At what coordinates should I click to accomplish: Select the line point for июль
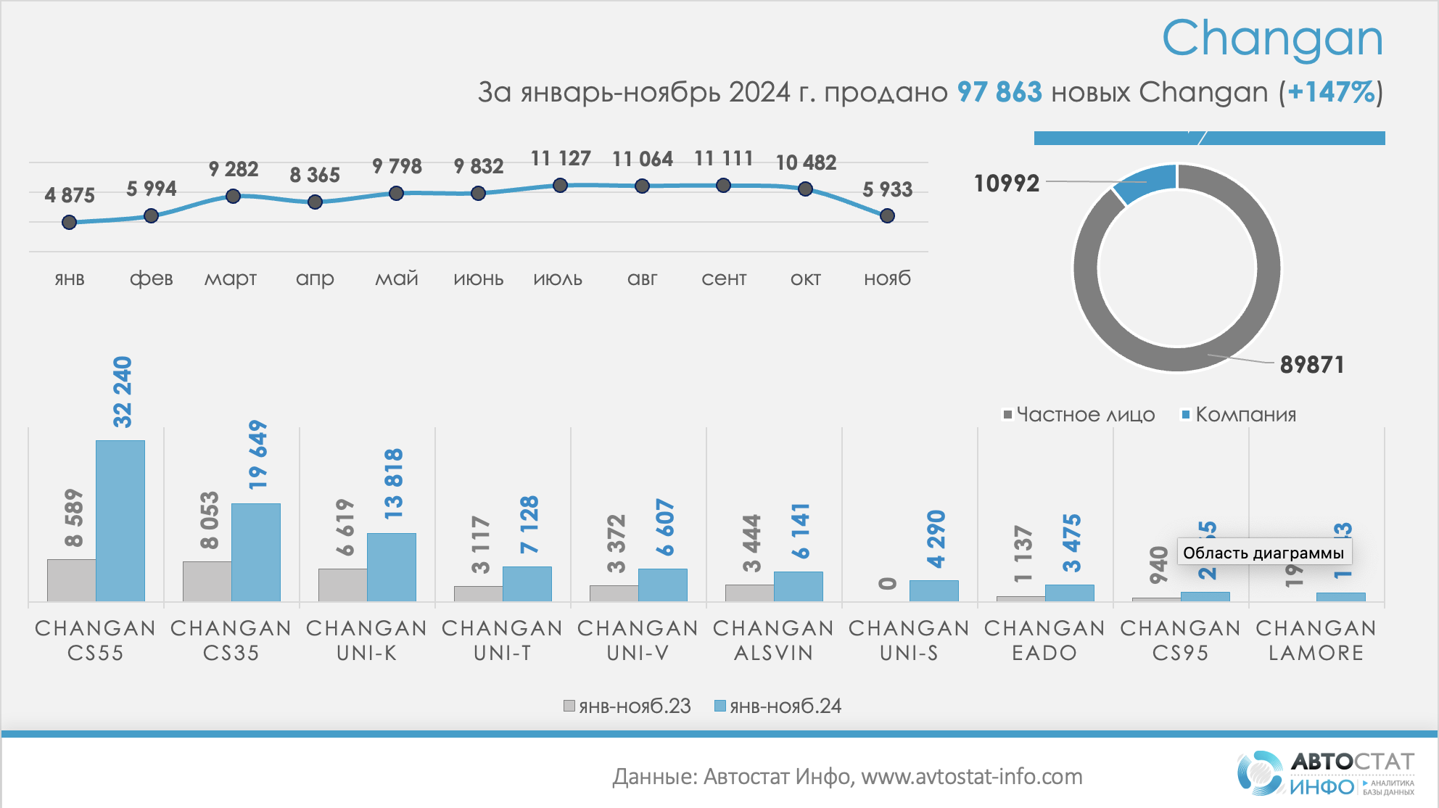(560, 186)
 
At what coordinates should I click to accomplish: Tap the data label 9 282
(233, 169)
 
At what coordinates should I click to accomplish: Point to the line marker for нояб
(887, 215)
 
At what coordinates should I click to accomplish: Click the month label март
(231, 279)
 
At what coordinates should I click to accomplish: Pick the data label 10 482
(806, 162)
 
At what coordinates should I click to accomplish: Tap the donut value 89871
(1311, 364)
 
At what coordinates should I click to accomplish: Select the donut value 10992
(1006, 184)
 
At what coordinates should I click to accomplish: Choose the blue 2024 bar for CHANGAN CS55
(120, 520)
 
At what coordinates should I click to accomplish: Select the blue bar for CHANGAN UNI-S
(933, 590)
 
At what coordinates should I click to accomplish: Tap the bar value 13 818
(392, 483)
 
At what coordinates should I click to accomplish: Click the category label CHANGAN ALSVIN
(773, 640)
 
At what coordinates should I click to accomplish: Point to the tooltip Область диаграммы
(1263, 553)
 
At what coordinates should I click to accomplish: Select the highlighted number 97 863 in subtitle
(999, 92)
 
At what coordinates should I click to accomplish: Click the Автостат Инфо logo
(1326, 773)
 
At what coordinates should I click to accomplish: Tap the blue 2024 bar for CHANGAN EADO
(1069, 593)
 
